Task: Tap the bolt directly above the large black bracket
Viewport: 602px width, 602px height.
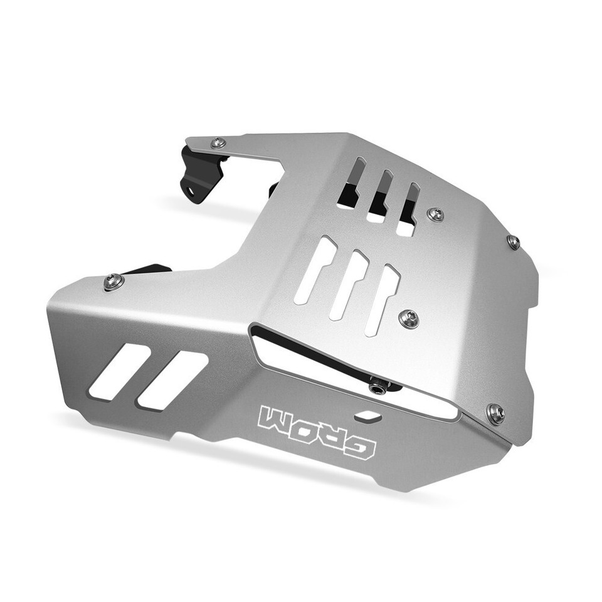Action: coord(218,143)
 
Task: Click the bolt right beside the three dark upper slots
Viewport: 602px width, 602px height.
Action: coord(435,214)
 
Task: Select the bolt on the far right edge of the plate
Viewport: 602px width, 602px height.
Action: coord(513,241)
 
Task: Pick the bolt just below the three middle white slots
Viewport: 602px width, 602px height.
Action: coord(408,319)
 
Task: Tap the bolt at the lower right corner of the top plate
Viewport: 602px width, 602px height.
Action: coord(495,413)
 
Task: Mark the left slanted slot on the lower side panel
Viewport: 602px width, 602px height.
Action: coord(119,371)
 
